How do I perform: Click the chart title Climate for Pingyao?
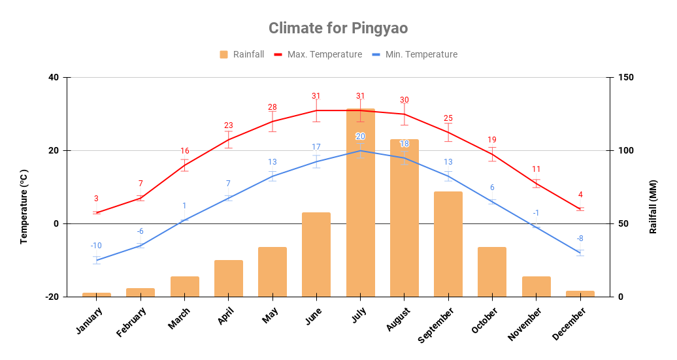tap(338, 28)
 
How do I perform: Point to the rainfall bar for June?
tap(316, 254)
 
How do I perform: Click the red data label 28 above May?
tap(272, 107)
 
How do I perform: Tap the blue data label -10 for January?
tap(96, 246)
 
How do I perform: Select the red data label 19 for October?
tap(492, 140)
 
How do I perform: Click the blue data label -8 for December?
tap(580, 238)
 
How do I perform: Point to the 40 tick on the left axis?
tap(53, 78)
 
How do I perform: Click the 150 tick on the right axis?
tap(625, 78)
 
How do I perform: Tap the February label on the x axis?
tap(132, 321)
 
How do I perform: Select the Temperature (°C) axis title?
tap(24, 206)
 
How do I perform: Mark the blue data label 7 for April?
tap(228, 184)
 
